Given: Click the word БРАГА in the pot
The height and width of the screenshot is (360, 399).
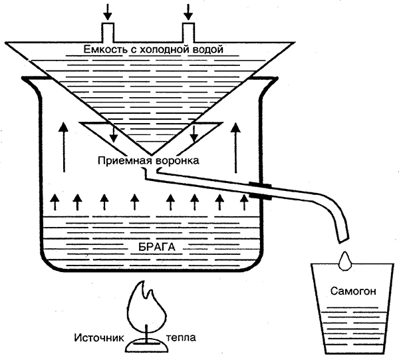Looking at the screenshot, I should pos(156,247).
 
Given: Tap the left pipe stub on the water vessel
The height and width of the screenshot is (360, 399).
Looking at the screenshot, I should pos(108,31).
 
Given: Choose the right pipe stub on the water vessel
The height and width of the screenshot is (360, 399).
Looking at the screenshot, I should pos(190,31).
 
